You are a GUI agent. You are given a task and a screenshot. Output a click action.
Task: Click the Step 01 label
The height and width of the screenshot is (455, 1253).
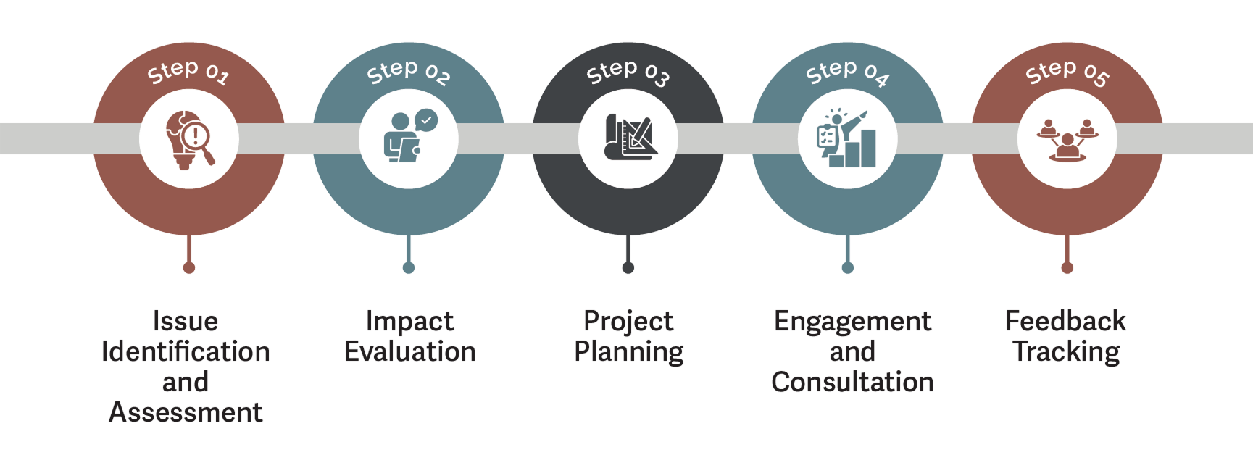pyautogui.click(x=188, y=72)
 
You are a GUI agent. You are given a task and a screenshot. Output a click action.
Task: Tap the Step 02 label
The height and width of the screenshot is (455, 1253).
pyautogui.click(x=408, y=72)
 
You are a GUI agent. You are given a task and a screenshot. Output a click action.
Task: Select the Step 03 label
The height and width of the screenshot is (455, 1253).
pyautogui.click(x=628, y=72)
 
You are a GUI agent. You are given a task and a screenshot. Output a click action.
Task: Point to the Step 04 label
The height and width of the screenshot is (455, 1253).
pyautogui.click(x=847, y=72)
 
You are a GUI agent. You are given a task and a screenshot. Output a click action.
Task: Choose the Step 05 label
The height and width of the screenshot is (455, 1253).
pyautogui.click(x=1067, y=72)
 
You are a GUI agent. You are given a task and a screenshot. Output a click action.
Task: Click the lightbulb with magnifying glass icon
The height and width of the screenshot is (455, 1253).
pyautogui.click(x=190, y=140)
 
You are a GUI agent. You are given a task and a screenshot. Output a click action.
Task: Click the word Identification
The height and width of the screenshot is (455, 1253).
pyautogui.click(x=186, y=352)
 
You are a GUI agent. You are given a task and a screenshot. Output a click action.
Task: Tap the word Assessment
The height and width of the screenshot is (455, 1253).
pyautogui.click(x=186, y=413)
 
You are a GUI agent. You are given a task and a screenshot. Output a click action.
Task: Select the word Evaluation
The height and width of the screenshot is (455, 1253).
pyautogui.click(x=410, y=352)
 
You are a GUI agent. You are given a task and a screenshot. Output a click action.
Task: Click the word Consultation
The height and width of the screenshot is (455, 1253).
pyautogui.click(x=852, y=383)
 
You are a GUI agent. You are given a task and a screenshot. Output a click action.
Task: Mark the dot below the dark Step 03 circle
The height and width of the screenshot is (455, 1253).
pyautogui.click(x=628, y=268)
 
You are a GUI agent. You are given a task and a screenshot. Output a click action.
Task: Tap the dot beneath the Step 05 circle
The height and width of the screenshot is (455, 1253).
pyautogui.click(x=1067, y=268)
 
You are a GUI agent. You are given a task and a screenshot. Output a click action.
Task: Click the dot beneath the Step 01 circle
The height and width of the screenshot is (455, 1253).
pyautogui.click(x=189, y=268)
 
